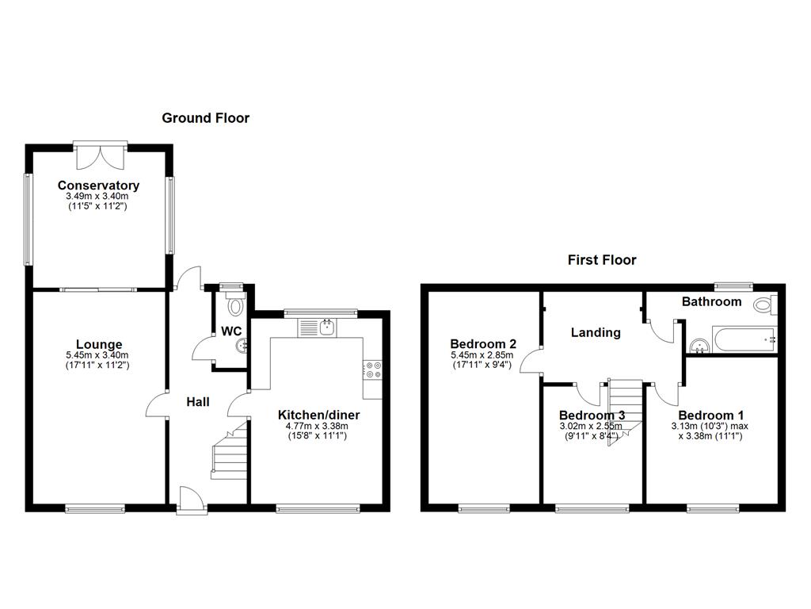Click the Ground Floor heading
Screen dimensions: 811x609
click(205, 118)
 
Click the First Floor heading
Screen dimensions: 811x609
click(602, 259)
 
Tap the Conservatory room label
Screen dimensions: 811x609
click(98, 185)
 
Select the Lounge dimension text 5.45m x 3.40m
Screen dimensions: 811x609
click(97, 355)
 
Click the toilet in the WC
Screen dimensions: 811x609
click(235, 304)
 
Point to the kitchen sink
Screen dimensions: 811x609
click(317, 327)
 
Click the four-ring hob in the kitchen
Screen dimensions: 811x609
click(373, 370)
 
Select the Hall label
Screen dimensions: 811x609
click(198, 402)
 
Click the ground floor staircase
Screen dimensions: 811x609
click(230, 450)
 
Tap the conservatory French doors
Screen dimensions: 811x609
click(101, 155)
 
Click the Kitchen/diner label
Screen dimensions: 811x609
click(318, 415)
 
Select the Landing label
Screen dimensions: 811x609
click(596, 332)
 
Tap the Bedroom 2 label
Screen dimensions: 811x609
click(483, 344)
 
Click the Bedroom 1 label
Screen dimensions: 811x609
click(710, 416)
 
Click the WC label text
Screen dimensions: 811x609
click(231, 331)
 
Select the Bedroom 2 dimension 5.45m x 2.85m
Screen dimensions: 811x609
click(482, 355)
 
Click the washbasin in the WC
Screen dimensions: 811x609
click(242, 345)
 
